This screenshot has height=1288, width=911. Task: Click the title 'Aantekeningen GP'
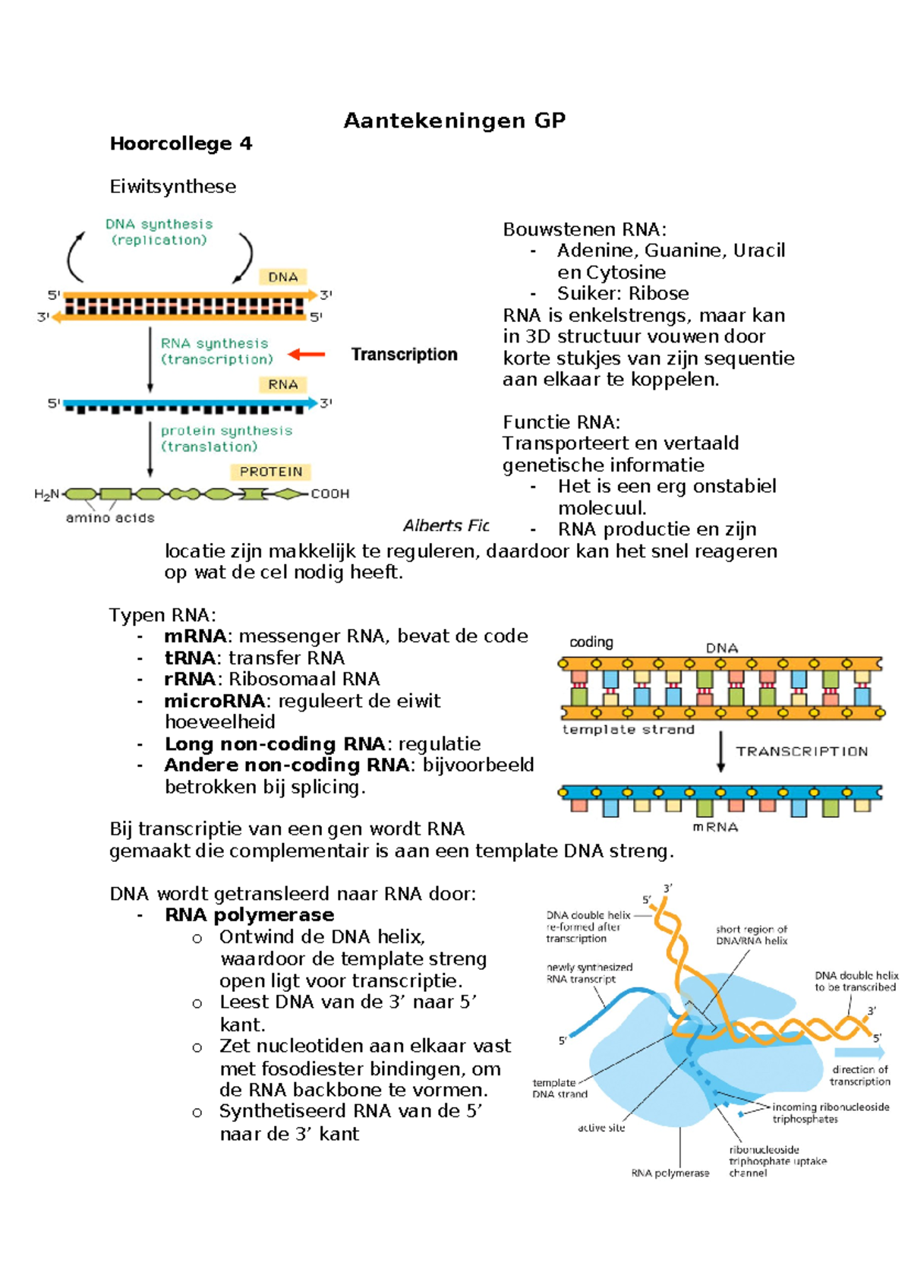pyautogui.click(x=455, y=121)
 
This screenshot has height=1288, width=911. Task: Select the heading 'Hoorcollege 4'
pyautogui.click(x=181, y=144)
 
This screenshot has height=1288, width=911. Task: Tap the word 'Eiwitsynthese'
pyautogui.click(x=173, y=186)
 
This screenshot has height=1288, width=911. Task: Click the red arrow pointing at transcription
pyautogui.click(x=307, y=354)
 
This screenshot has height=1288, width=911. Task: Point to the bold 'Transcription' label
pyautogui.click(x=405, y=354)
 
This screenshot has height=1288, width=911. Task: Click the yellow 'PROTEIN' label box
pyautogui.click(x=271, y=472)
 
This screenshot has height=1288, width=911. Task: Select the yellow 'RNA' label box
pyautogui.click(x=282, y=384)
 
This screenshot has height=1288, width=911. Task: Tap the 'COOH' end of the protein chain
pyautogui.click(x=330, y=494)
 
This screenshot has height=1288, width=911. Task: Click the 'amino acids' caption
pyautogui.click(x=110, y=517)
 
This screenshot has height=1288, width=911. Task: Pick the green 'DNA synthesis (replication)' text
pyautogui.click(x=159, y=232)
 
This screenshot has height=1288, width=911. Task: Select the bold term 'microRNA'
pyautogui.click(x=214, y=700)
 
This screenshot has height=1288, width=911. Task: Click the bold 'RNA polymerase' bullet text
pyautogui.click(x=250, y=914)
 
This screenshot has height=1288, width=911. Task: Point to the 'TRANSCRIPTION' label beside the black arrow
pyautogui.click(x=802, y=751)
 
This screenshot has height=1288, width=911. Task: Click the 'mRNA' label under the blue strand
pyautogui.click(x=716, y=827)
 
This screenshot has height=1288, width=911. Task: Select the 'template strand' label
pyautogui.click(x=629, y=729)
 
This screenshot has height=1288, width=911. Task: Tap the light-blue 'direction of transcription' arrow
pyautogui.click(x=859, y=1053)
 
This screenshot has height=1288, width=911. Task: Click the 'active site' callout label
pyautogui.click(x=601, y=1128)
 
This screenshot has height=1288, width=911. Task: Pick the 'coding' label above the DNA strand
pyautogui.click(x=591, y=642)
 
